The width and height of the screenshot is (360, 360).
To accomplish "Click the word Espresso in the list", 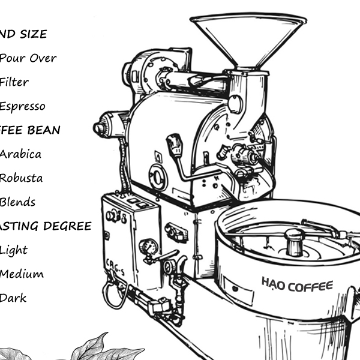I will coord(22,106).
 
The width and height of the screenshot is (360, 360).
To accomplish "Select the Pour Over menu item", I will coord(28,58).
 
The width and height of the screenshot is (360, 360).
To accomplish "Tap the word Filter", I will coord(14,82).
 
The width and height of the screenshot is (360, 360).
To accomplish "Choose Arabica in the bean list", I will coord(20,154).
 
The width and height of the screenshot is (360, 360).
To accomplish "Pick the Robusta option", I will coord(21,178).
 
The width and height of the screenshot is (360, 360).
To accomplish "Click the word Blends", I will coord(17,202).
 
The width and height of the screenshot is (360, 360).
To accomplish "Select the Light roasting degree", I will coord(14,250).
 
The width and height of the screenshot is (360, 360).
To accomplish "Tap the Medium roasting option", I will coord(22,274).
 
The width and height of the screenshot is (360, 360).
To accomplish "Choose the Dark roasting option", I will coord(13,298).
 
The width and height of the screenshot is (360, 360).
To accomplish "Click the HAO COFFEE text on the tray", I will coord(296,284).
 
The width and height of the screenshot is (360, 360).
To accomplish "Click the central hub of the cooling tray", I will coord(293,241).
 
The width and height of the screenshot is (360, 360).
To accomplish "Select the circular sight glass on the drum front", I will coord(158,177).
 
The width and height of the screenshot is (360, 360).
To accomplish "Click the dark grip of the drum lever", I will coord(174,145).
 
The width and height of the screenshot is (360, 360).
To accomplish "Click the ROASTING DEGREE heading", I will coord(46,226).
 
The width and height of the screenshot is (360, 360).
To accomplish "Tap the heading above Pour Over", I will coord(23,34).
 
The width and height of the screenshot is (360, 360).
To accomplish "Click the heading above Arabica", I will coord(30,130).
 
